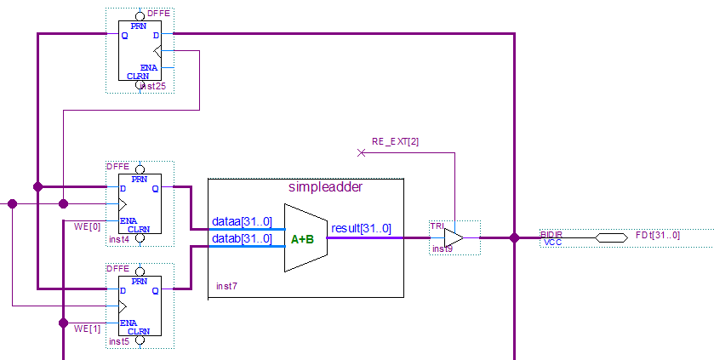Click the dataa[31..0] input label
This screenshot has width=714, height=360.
pos(243,222)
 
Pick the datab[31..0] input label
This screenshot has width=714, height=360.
pos(243,238)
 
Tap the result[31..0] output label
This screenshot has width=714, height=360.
pos(361,228)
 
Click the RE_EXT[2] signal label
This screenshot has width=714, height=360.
pos(395,141)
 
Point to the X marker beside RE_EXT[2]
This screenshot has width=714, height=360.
pos(361,152)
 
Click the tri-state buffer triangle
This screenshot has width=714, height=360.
pos(454,238)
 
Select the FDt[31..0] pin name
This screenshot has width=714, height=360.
pos(658,234)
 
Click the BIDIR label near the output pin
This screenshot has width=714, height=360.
pos(551,233)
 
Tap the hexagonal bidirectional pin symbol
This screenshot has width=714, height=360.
pos(611,238)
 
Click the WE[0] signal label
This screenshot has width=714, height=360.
pos(89,226)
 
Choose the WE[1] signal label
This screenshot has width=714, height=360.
pos(89,328)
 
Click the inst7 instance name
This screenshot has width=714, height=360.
pos(226,286)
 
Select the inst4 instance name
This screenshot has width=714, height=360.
pos(119,240)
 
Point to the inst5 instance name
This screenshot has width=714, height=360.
pos(119,341)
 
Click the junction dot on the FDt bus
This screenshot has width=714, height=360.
pos(514,238)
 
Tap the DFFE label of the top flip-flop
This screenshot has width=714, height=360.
pos(158,13)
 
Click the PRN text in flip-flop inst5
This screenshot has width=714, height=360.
pos(139,281)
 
